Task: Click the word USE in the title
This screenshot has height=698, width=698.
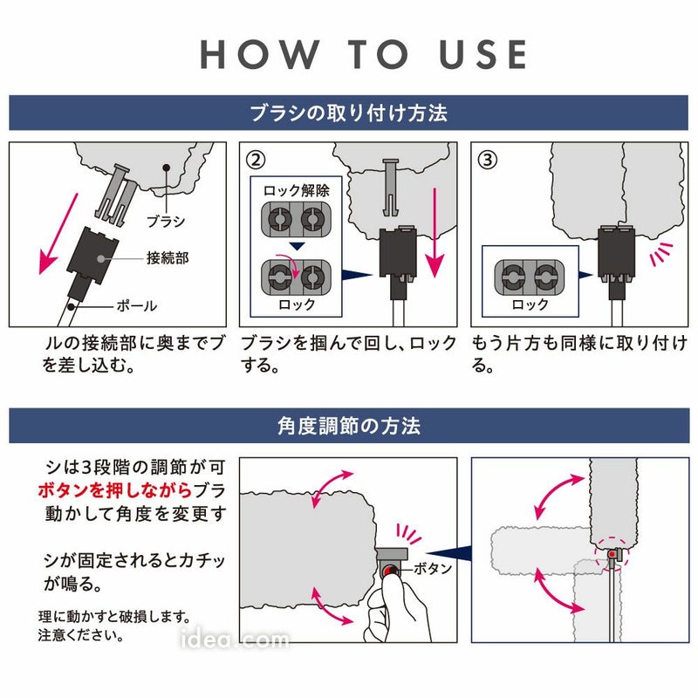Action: click(479, 54)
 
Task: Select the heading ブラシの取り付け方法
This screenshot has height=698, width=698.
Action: click(349, 113)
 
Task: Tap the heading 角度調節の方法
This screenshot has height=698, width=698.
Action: click(349, 426)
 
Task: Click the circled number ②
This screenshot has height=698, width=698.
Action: click(255, 161)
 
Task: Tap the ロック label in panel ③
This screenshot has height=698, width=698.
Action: click(530, 305)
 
